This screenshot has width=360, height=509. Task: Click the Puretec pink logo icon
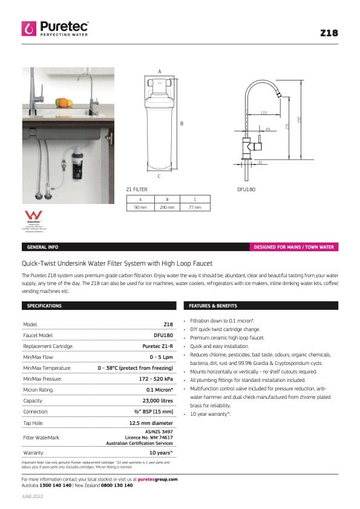click(x=28, y=28)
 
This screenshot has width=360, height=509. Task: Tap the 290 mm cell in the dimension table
click(x=167, y=207)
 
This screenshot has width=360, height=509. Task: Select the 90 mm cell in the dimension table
click(x=140, y=207)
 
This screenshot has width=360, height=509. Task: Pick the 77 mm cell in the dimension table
click(x=195, y=207)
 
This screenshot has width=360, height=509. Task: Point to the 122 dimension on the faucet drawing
click(x=263, y=113)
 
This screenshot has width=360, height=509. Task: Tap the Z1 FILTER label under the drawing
click(x=137, y=189)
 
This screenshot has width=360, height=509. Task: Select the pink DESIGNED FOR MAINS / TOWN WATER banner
click(x=294, y=247)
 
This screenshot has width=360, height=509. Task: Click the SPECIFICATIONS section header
click(x=45, y=306)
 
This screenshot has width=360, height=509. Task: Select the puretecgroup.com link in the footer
click(x=157, y=479)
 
